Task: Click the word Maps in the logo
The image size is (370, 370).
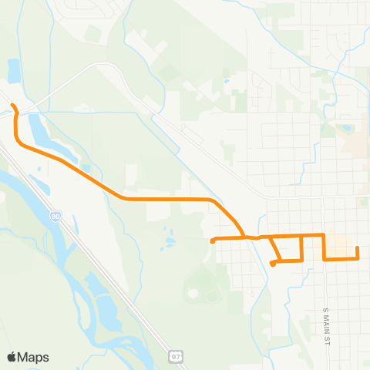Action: (x=34, y=357)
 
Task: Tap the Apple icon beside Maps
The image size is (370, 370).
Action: (x=12, y=357)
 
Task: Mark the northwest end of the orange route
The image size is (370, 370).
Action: (x=11, y=104)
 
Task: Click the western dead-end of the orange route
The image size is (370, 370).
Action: (x=212, y=240)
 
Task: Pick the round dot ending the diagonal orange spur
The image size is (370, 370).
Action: (x=273, y=264)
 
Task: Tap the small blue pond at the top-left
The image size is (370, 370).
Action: (x=14, y=70)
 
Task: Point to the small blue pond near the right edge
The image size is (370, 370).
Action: (x=347, y=127)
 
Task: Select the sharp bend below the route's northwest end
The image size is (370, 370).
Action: (x=17, y=139)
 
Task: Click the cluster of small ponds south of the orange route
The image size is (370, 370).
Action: (x=167, y=241)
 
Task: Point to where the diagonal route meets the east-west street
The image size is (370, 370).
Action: (x=244, y=237)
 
